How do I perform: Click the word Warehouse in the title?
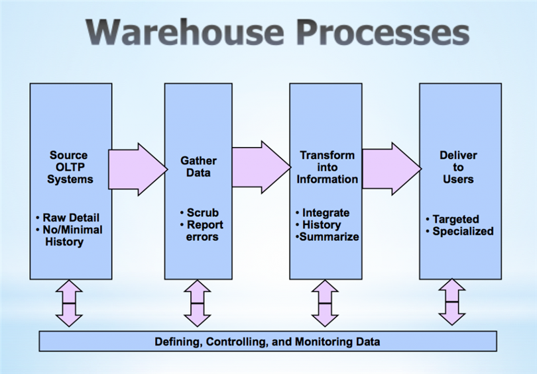pos(185,32)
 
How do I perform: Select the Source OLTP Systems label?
pos(70,167)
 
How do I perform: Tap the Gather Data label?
pos(198,167)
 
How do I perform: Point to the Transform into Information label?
pos(327,167)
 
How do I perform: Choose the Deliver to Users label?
pos(458,167)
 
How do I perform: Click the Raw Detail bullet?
pos(68,218)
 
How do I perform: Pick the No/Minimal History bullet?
pos(69,236)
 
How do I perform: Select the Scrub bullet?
pos(200,212)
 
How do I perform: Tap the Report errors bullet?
pos(202,231)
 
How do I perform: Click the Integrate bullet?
pos(322,212)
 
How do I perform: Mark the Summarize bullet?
pos(327,236)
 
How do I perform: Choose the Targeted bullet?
pos(452,219)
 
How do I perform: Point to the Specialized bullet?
pos(459,231)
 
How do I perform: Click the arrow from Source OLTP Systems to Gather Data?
pos(138,169)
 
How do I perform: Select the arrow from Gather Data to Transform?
pos(262,167)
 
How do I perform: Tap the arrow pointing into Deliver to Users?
pos(392,169)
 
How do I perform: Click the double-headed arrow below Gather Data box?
pos(198,303)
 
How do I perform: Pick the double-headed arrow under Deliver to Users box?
pos(452,302)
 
